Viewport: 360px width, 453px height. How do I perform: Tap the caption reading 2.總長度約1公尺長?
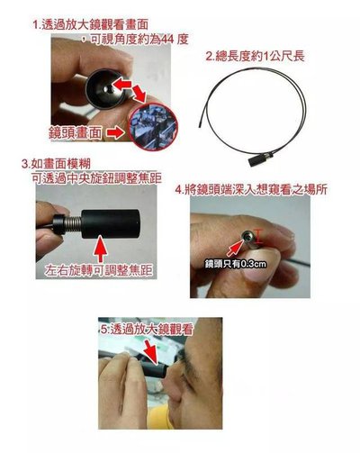point(255,56)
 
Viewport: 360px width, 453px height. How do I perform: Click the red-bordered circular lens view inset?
point(153,126)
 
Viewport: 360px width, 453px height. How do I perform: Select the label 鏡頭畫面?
point(76,133)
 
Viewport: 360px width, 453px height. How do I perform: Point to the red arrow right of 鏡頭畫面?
point(115,132)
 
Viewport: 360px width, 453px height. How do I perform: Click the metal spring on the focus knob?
point(74,224)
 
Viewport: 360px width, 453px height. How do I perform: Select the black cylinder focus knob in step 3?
point(110,224)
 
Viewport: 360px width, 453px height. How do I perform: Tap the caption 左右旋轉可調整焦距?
point(99,270)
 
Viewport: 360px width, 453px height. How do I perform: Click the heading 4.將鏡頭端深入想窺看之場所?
point(251,190)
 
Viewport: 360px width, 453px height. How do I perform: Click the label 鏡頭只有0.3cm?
point(235,264)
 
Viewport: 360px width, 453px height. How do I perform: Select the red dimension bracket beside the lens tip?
point(258,236)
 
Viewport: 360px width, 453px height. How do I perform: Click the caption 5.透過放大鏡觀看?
point(146,330)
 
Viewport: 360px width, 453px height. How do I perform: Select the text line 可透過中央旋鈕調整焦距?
point(96,178)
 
